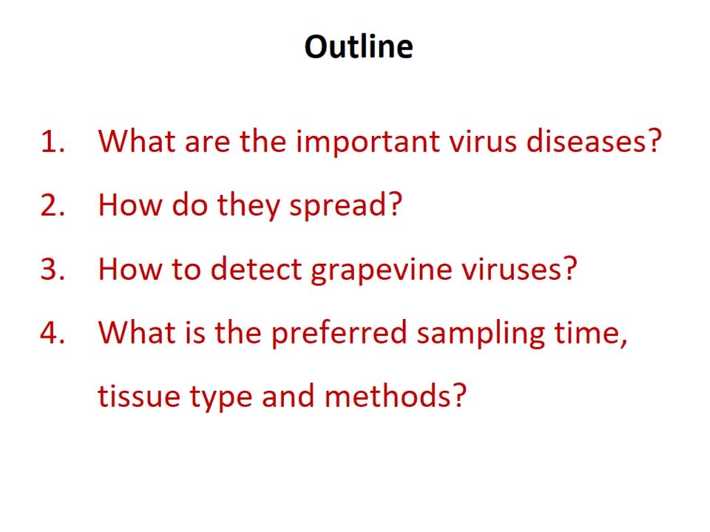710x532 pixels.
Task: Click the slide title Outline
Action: point(359,47)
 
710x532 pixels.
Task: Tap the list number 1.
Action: point(53,141)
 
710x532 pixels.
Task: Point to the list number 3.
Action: point(53,269)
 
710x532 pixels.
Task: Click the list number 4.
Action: point(53,333)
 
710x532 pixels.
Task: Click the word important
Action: point(368,143)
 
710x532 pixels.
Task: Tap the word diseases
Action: point(587,141)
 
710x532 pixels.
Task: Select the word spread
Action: point(339,207)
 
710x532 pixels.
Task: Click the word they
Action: point(248,207)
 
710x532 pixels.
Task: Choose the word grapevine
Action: point(382,271)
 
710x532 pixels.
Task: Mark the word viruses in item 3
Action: point(513,270)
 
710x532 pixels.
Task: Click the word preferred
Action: point(339,335)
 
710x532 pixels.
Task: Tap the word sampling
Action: point(481,335)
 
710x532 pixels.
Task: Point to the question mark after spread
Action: point(395,205)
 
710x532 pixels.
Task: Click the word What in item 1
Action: point(137,141)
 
